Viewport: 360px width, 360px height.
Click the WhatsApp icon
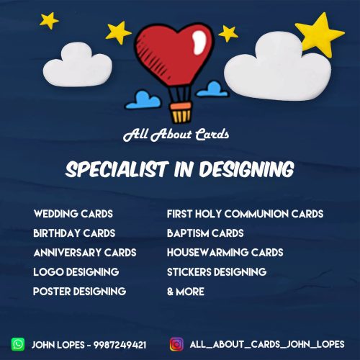18,344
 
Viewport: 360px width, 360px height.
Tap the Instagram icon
176,344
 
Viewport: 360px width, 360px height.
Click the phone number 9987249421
120,345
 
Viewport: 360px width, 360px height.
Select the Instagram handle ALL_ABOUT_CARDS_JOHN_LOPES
267,344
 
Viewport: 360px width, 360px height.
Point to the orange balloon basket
181,112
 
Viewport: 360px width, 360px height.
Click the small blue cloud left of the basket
143,100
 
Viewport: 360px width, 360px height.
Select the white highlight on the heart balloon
199,42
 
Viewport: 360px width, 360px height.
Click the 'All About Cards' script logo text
176,135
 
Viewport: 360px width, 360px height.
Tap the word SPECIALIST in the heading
117,169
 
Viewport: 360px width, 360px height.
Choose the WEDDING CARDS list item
73,214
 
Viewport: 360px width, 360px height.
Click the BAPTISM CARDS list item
205,233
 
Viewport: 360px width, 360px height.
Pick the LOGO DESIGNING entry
76,272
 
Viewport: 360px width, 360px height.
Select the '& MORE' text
186,292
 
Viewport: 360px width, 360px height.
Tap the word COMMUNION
256,214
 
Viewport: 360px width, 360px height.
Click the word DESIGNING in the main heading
247,169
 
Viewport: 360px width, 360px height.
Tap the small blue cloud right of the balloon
212,89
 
